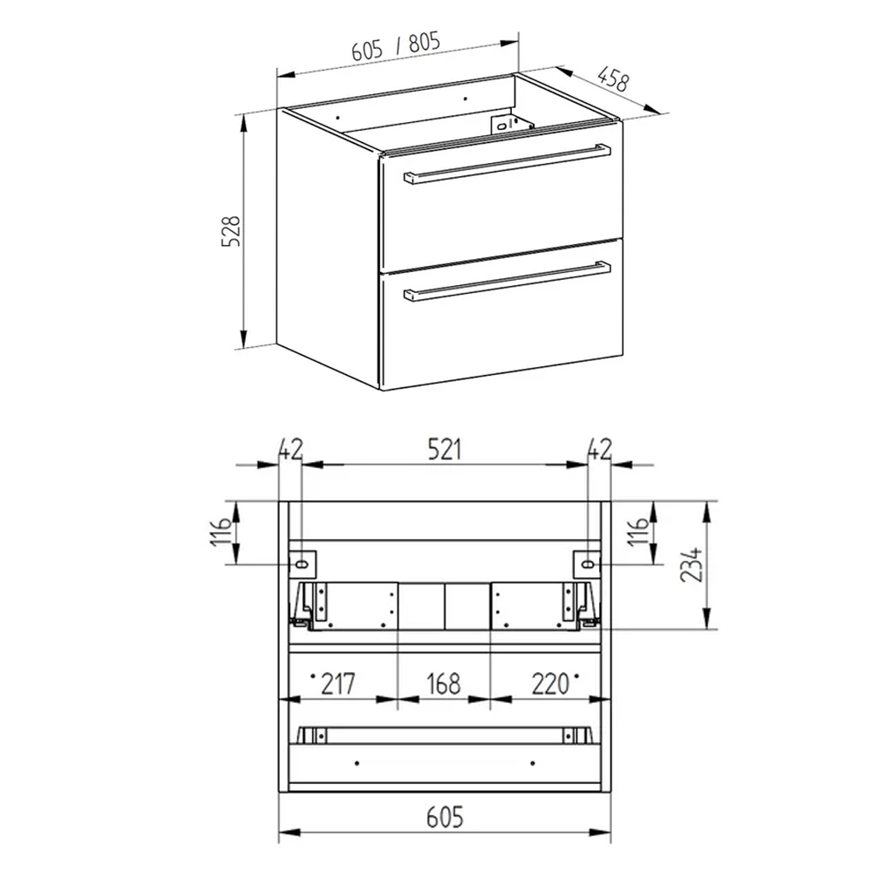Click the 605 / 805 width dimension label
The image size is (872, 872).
point(396,46)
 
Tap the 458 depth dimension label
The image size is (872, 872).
point(614,79)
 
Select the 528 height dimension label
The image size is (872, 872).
point(230,231)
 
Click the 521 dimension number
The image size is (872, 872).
point(445,450)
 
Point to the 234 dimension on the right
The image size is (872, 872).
point(691,564)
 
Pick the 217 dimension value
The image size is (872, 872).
point(338,684)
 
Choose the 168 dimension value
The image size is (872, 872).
point(444,684)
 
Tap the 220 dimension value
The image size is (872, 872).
point(550,684)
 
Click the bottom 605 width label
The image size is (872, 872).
point(445,817)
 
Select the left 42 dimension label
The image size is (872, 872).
point(290,450)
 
